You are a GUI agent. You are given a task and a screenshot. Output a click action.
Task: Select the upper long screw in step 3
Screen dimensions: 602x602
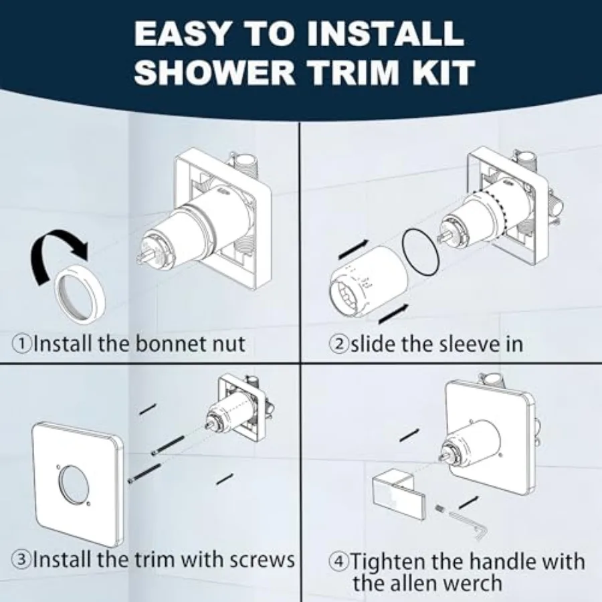pos(168,445)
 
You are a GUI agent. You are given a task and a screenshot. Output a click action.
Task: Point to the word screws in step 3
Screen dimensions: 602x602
pos(263,560)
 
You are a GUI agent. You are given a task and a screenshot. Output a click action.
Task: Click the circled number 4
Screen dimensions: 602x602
pos(338,562)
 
